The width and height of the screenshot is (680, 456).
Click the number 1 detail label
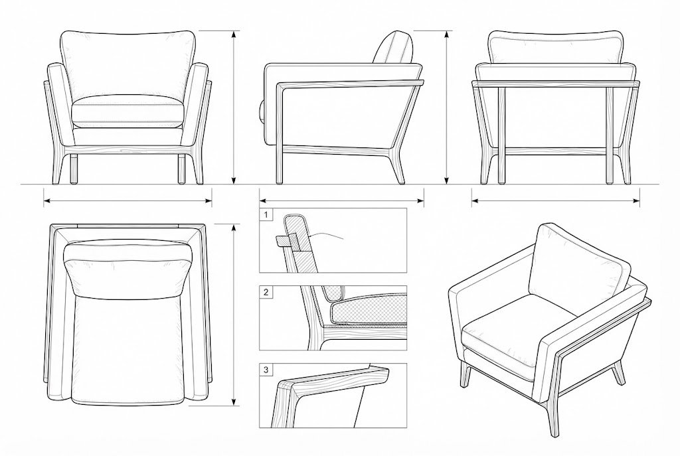tap(266, 214)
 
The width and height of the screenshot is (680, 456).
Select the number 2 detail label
tap(266, 292)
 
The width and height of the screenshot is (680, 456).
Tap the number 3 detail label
tap(266, 370)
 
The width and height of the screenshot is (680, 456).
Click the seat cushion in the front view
tap(127, 112)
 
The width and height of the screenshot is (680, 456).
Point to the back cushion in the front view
tap(127, 65)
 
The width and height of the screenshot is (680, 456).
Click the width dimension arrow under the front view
tap(127, 200)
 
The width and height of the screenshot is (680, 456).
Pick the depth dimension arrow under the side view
tap(341, 200)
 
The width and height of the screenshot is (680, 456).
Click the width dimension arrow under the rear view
tap(556, 200)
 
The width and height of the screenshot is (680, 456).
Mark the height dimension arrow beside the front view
tap(234, 108)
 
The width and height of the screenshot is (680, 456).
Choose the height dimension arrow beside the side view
tap(447, 108)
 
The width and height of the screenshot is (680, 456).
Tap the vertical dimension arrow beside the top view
tap(234, 315)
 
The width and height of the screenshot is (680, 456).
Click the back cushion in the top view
tap(128, 269)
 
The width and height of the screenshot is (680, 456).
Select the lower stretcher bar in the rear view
tap(556, 152)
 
